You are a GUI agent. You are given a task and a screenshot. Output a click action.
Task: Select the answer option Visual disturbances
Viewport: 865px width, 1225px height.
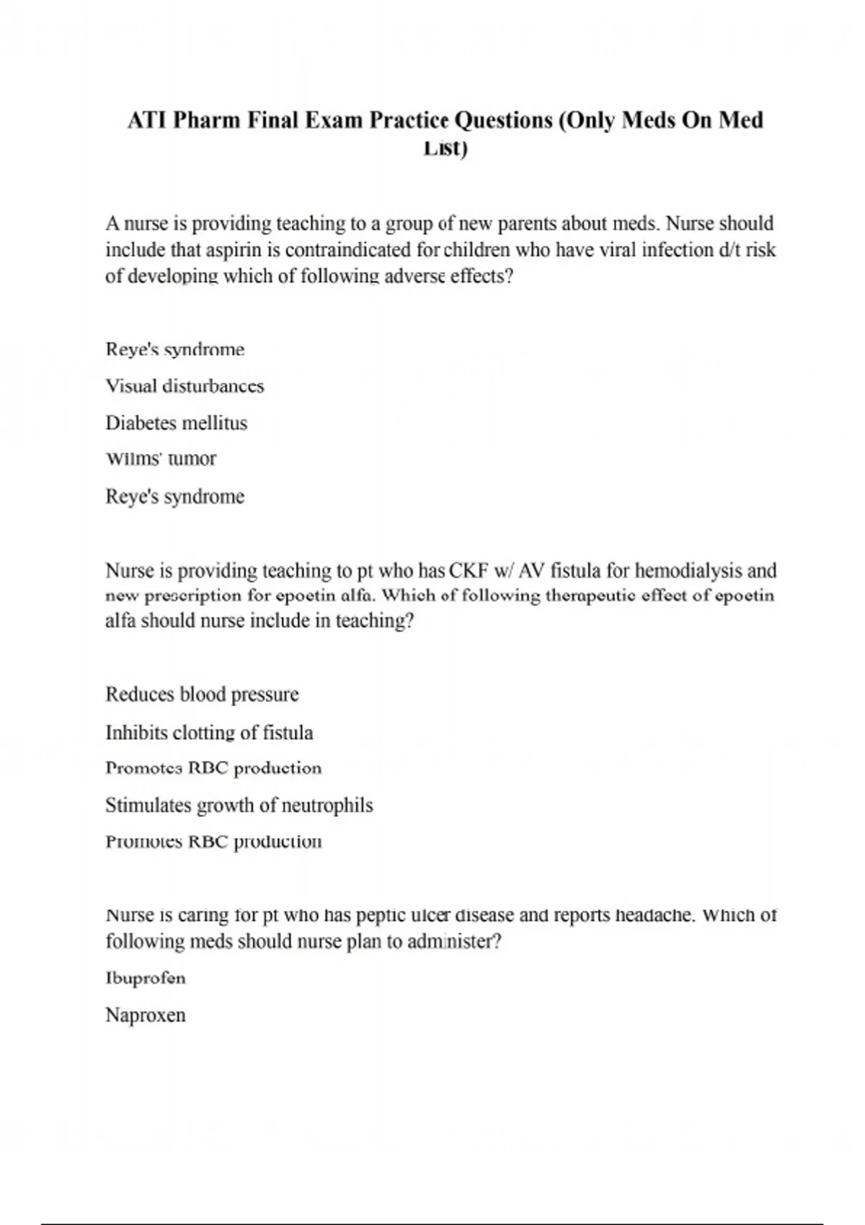(x=185, y=386)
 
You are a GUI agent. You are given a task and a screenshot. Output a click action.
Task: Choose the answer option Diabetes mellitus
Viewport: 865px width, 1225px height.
(x=176, y=423)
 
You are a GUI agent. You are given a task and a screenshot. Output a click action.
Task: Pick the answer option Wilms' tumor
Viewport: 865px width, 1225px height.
(x=161, y=459)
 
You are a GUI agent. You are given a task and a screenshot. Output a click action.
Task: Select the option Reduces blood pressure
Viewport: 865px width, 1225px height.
(x=202, y=695)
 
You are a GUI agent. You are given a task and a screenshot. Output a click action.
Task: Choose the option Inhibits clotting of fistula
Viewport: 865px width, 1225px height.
(x=209, y=733)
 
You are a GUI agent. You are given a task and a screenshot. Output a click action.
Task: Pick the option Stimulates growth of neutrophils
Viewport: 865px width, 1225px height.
(x=239, y=805)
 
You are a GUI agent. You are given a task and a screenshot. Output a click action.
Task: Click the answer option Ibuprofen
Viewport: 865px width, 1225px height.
(x=146, y=979)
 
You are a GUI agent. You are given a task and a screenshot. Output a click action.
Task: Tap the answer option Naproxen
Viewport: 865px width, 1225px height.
(x=146, y=1015)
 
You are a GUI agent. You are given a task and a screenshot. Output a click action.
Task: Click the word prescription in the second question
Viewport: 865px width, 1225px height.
(x=193, y=596)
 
